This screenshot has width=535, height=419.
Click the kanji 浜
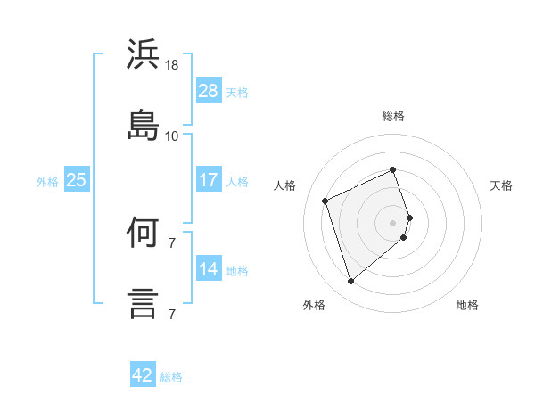tap(143, 53)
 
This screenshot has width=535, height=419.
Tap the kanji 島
tap(143, 125)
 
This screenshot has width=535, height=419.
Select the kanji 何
tap(143, 232)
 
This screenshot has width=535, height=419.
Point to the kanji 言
tap(143, 304)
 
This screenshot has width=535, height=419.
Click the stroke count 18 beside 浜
tap(171, 65)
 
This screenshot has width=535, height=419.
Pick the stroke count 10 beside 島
tap(171, 136)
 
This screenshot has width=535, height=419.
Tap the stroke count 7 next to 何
tap(172, 243)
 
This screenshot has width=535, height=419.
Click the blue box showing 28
tap(209, 90)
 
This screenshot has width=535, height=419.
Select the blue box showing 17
tap(209, 179)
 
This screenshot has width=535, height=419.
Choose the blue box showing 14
tap(209, 267)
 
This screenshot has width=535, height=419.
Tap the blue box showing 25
tap(77, 179)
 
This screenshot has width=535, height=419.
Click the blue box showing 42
tap(143, 374)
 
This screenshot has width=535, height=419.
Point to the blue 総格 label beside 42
tap(171, 377)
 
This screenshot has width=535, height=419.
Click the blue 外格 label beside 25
tap(47, 182)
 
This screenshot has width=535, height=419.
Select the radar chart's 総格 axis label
tap(393, 116)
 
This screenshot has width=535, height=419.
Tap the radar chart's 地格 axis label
tap(467, 305)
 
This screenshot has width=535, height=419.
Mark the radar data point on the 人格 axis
tap(325, 201)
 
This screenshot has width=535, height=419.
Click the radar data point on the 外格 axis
tap(351, 281)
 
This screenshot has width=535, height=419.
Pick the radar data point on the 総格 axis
tap(392, 169)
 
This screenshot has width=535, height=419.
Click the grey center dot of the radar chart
tap(392, 223)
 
